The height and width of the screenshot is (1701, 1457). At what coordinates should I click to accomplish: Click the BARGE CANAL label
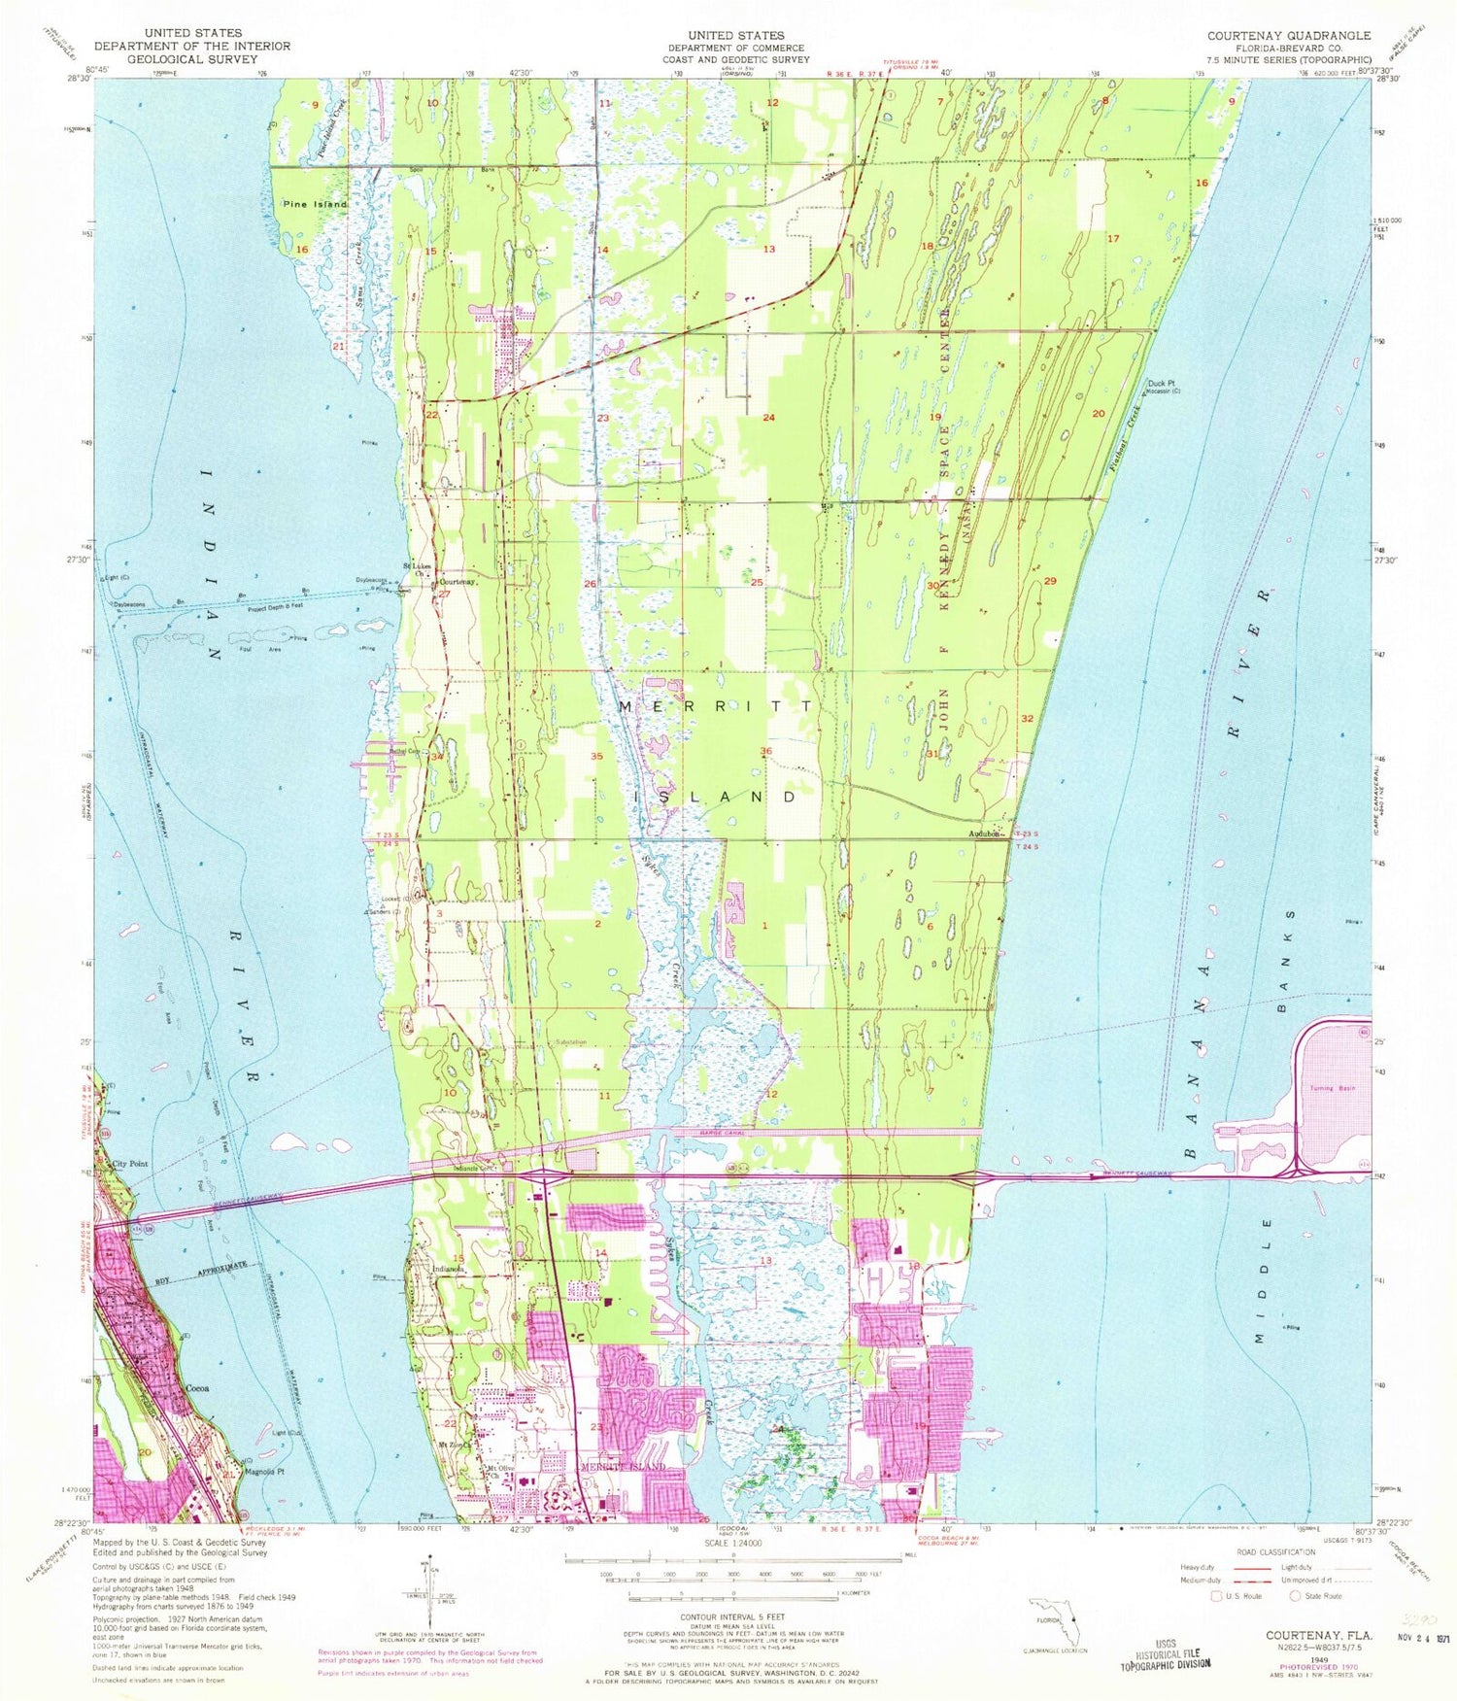coord(705,1132)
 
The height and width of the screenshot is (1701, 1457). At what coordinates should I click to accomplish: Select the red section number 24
coord(768,418)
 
